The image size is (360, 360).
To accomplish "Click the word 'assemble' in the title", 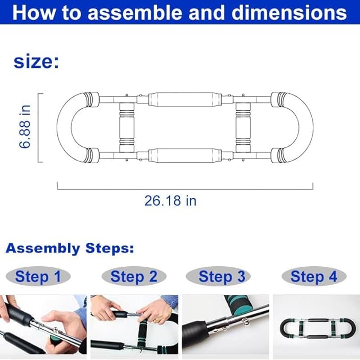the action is (x=135, y=13).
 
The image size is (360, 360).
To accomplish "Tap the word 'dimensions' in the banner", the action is (x=289, y=13).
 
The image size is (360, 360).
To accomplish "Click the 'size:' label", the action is (x=36, y=62).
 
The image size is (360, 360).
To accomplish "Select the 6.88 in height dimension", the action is (x=25, y=127).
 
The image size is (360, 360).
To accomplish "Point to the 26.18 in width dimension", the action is (x=170, y=200).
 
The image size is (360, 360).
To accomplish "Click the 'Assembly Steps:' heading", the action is (x=70, y=249).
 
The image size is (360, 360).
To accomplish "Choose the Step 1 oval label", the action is (x=38, y=276).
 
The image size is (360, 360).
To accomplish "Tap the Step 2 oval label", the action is (x=134, y=276).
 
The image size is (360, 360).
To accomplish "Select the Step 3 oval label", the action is (x=218, y=276).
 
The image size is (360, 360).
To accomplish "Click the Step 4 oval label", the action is (x=314, y=276).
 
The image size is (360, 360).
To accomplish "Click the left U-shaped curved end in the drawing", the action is (x=64, y=127).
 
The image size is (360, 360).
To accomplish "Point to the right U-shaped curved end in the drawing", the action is (x=306, y=127).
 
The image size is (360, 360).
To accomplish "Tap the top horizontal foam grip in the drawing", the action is (x=185, y=100).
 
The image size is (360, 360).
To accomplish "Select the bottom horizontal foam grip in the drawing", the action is (x=185, y=155).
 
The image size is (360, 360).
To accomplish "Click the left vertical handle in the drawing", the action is (x=127, y=127).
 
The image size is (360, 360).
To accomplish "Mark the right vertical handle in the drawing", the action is (x=243, y=127).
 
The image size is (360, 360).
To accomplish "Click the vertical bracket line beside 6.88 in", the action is (x=38, y=128).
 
